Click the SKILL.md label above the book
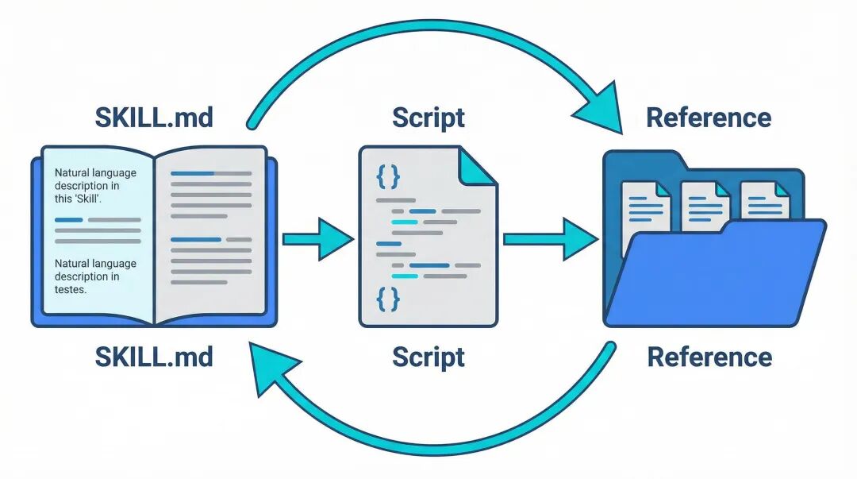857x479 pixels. (x=154, y=118)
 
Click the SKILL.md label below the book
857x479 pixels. (x=154, y=357)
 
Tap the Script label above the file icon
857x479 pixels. (x=428, y=118)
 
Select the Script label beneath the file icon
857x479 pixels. (x=428, y=357)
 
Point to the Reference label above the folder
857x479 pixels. (x=709, y=118)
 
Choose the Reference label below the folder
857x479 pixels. (x=709, y=357)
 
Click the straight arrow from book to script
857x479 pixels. (x=317, y=238)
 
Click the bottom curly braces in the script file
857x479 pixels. (x=387, y=299)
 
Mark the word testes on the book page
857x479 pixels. (x=70, y=290)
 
